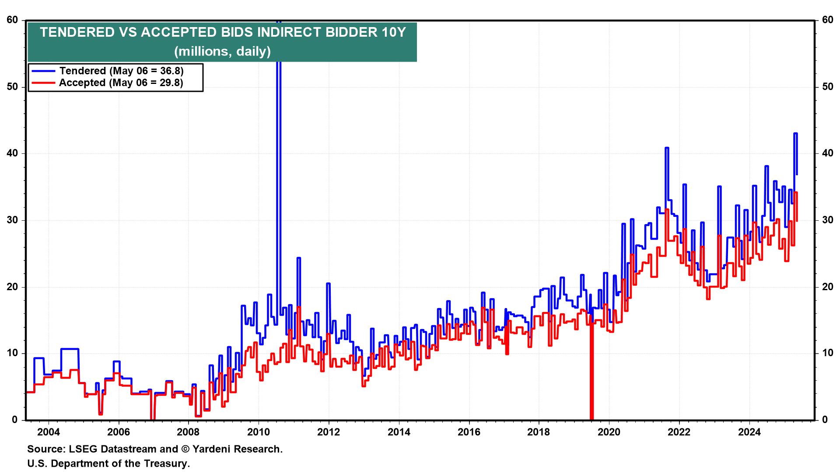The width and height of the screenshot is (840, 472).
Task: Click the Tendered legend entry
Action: pyautogui.click(x=121, y=71)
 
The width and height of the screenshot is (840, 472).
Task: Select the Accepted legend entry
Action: pyautogui.click(x=121, y=83)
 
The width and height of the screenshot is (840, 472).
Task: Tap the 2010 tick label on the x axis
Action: pyautogui.click(x=259, y=432)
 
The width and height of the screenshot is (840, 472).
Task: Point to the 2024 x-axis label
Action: pyautogui.click(x=749, y=432)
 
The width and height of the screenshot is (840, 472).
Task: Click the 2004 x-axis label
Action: pyautogui.click(x=49, y=432)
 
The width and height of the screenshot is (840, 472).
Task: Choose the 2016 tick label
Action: pyautogui.click(x=469, y=432)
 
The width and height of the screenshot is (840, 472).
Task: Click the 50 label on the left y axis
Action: pyautogui.click(x=12, y=87)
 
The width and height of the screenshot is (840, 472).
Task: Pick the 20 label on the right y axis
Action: pyautogui.click(x=827, y=287)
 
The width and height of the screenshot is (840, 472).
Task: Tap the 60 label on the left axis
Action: pyautogui.click(x=12, y=20)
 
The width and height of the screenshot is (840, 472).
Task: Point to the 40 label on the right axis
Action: pyautogui.click(x=827, y=153)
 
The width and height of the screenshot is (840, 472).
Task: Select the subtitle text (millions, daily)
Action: pyautogui.click(x=222, y=52)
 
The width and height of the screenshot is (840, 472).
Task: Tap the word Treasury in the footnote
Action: pyautogui.click(x=166, y=463)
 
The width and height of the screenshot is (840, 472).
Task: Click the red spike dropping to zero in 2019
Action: pyautogui.click(x=591, y=393)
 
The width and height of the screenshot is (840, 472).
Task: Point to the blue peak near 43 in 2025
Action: pyautogui.click(x=795, y=134)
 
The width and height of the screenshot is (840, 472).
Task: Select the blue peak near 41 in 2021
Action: pyautogui.click(x=667, y=148)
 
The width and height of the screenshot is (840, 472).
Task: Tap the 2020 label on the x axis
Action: pyautogui.click(x=609, y=432)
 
